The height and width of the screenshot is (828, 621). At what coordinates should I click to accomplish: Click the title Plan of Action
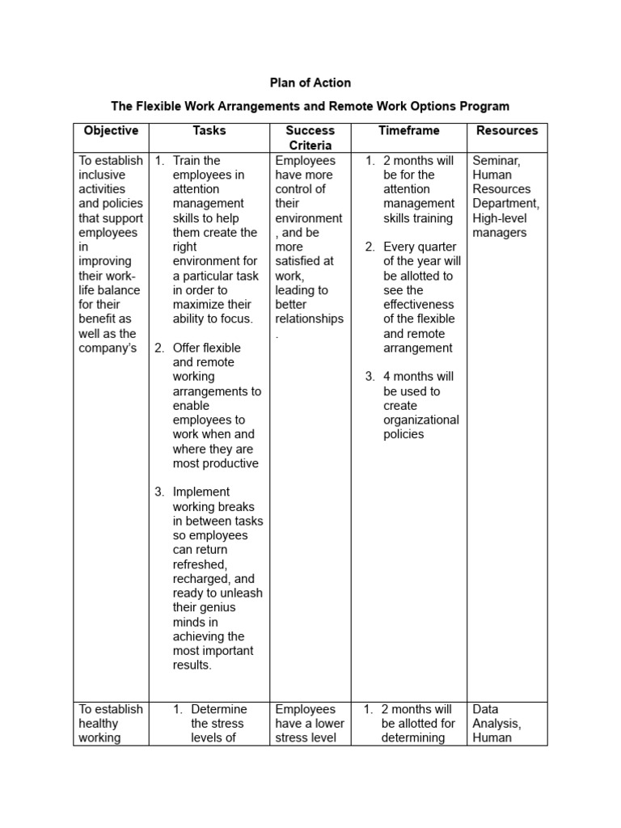pos(310,82)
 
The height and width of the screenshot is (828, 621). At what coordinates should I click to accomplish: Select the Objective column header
pos(111,130)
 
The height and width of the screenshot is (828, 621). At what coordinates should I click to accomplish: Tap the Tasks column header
pos(209,130)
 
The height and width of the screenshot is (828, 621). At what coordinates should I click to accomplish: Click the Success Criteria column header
pos(310,137)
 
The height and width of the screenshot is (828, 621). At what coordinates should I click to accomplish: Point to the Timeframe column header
pos(409,130)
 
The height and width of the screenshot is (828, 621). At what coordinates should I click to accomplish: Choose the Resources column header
pos(507,130)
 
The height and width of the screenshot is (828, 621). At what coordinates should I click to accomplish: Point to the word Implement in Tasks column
pos(201,492)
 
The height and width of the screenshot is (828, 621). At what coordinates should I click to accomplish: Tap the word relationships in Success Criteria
pos(309,319)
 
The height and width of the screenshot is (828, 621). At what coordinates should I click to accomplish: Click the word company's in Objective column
pos(108,348)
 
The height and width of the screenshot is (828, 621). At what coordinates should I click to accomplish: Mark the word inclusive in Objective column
pos(102,175)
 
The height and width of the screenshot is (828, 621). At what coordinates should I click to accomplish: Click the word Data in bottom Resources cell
pos(486,709)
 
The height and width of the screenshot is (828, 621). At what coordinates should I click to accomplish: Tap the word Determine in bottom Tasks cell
pos(219,709)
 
